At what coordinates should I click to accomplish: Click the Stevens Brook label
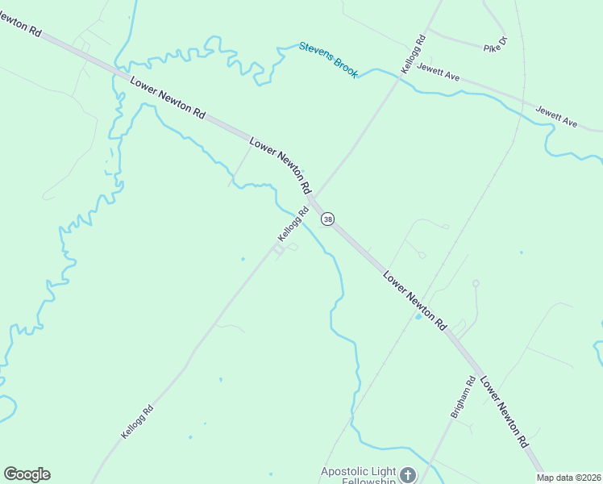[x=329, y=60]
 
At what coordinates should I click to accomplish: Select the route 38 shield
[x=327, y=219]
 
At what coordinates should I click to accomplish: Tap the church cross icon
[x=408, y=475]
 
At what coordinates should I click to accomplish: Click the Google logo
[x=27, y=474]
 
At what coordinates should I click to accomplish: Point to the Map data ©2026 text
[x=569, y=478]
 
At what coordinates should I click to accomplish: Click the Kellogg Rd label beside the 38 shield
[x=293, y=225]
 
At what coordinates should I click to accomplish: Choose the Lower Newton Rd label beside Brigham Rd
[x=504, y=412]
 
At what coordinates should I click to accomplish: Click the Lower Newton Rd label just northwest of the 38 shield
[x=280, y=164]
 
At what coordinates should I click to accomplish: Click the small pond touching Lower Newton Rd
[x=418, y=316]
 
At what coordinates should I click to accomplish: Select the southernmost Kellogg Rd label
[x=137, y=422]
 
